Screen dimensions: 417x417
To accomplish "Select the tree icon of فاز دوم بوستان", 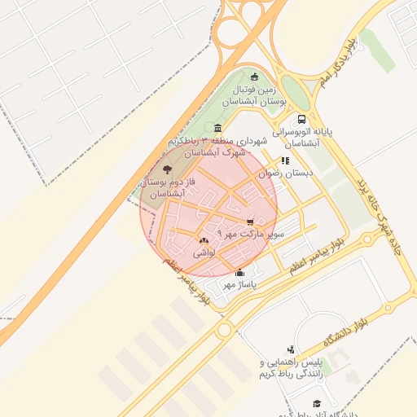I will point(168,169).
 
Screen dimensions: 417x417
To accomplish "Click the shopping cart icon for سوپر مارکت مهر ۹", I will point(250,221).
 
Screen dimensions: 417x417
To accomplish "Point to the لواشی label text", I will point(203,253).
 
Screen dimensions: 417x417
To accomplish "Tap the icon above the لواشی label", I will point(203,240).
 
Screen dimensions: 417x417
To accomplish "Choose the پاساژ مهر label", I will point(239,285).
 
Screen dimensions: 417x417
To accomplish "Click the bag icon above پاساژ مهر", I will point(239,273).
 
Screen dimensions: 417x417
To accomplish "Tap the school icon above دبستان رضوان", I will point(284,160).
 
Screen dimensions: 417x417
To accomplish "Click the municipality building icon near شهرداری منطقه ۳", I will point(217,128).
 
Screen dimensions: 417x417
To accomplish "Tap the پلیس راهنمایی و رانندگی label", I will point(292,367).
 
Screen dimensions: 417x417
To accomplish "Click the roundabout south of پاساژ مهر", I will point(224,330).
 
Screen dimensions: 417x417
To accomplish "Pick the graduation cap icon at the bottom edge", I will point(317,403).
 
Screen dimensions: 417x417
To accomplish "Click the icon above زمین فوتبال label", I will point(254,76).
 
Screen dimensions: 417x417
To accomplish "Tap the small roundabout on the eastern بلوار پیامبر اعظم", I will point(367,239).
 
